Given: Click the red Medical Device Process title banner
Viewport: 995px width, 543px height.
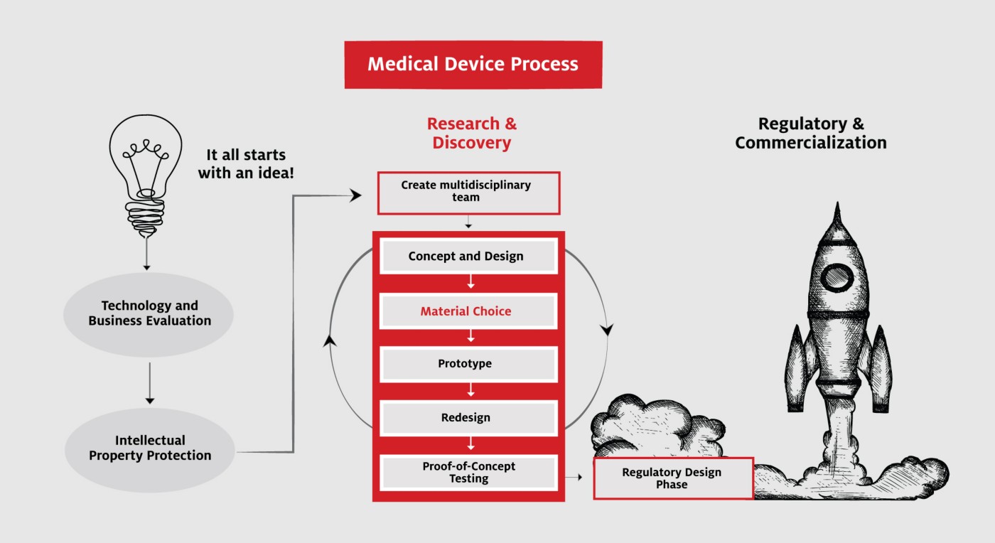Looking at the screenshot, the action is point(473,65).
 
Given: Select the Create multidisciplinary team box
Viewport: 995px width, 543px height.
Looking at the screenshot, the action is point(468,193).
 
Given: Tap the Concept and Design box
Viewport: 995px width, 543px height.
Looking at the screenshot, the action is point(468,256).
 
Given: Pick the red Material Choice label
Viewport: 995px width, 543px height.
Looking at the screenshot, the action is point(466,311).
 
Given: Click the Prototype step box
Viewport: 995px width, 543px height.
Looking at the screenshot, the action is point(468,364).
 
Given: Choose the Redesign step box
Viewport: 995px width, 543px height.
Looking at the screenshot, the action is point(468,418).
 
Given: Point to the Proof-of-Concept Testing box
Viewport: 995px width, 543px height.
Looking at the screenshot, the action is point(468,473).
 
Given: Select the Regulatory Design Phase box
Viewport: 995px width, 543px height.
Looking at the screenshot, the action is point(674,478).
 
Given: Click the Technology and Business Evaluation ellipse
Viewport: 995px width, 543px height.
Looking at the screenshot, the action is point(149,314).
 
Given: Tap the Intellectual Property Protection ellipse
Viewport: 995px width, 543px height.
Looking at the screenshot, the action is point(150,450).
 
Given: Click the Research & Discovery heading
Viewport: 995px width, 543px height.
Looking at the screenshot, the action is point(472,133).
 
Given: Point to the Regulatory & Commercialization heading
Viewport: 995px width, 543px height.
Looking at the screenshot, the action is point(811,133).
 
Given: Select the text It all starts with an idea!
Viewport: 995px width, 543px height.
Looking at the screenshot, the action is point(246,163).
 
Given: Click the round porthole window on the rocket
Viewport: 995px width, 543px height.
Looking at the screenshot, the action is point(837,278).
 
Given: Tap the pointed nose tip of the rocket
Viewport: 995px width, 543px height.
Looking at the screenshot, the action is point(838,203).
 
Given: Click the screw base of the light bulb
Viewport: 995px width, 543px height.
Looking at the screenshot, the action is point(145,217).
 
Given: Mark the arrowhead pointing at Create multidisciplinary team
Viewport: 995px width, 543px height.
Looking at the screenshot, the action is point(355,195).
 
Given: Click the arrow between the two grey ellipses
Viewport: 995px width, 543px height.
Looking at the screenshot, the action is point(150,383).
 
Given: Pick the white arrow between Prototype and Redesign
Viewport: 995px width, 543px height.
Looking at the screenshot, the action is point(470,390).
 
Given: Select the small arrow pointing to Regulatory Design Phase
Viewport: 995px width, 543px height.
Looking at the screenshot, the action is point(574,477).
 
